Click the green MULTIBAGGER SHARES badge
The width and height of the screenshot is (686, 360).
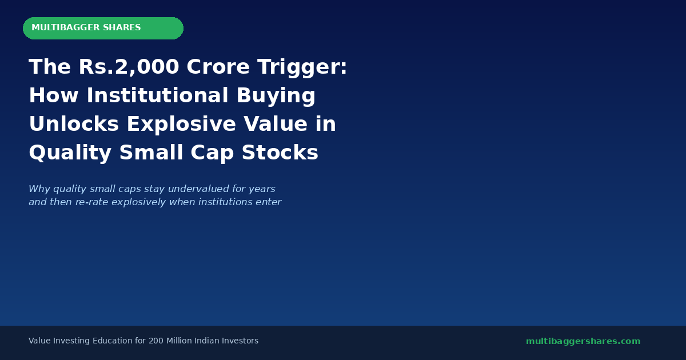point(103,28)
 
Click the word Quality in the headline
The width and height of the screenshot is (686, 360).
point(70,153)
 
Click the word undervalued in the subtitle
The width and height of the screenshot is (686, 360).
point(194,189)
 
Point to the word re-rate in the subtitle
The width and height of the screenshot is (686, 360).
point(91,202)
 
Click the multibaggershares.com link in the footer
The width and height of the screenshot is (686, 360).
point(583,341)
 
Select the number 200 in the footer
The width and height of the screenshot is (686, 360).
point(155,341)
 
